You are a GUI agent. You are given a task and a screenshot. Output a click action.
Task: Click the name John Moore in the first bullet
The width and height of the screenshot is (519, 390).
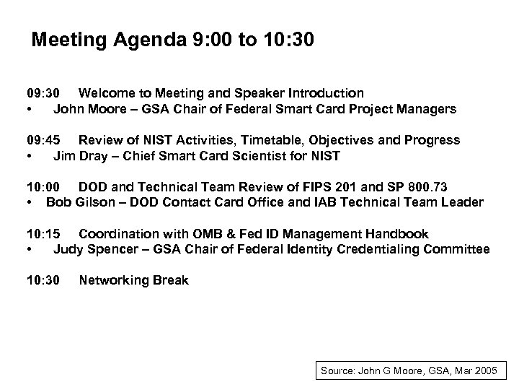click(x=88, y=109)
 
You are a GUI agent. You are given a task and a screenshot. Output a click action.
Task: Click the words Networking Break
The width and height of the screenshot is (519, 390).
click(x=133, y=280)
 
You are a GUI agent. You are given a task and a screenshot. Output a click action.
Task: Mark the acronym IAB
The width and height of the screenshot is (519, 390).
click(x=324, y=202)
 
